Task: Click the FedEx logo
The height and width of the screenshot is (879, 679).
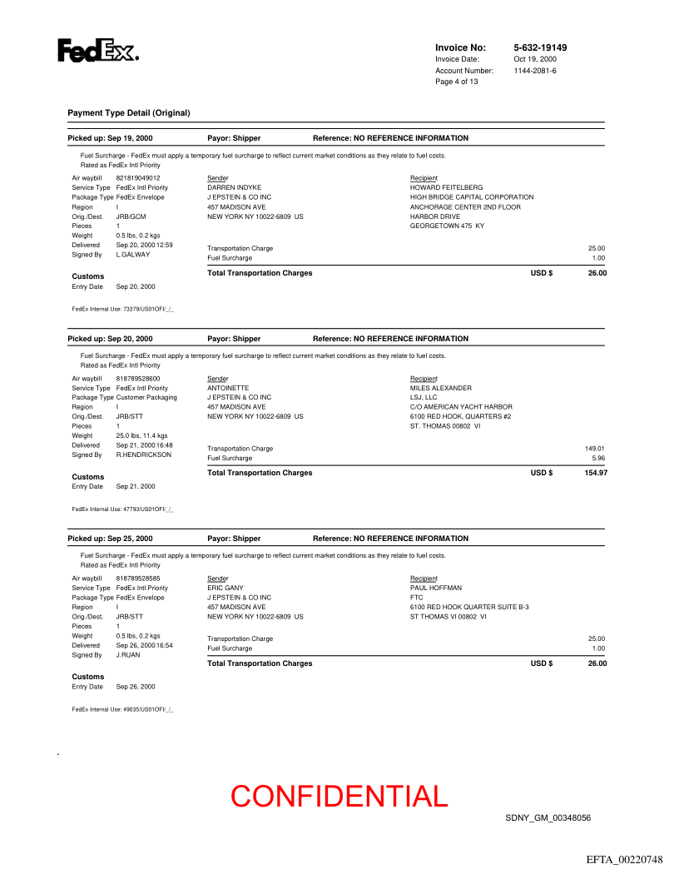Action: pos(97,52)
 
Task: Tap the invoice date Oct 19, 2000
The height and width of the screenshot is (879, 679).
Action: pos(535,59)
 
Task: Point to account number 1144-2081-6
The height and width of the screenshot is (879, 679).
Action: pos(535,71)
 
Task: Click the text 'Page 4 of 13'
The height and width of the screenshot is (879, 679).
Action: pos(457,82)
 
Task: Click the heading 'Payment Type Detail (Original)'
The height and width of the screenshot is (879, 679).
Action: pos(129,112)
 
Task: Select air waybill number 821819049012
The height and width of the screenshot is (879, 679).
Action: pos(138,178)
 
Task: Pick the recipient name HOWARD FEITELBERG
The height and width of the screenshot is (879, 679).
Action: pos(446,188)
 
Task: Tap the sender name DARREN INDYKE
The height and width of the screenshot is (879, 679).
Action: pos(234,188)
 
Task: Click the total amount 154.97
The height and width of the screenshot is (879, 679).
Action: pos(596,473)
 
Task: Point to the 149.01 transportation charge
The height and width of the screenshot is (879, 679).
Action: pos(595,449)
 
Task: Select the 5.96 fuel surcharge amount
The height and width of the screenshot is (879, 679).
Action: pos(598,458)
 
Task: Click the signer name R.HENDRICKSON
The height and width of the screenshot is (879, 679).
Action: pos(144,455)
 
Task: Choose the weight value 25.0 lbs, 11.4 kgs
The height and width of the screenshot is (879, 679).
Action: pos(141,435)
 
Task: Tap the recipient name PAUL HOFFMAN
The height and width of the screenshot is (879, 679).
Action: pos(436,588)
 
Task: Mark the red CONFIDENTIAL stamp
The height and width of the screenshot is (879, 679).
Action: pos(339,797)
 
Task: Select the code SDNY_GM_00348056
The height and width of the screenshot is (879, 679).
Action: pos(548,818)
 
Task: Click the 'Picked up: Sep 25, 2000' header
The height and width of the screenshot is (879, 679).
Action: pos(110,539)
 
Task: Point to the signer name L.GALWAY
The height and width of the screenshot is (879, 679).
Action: pos(133,255)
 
